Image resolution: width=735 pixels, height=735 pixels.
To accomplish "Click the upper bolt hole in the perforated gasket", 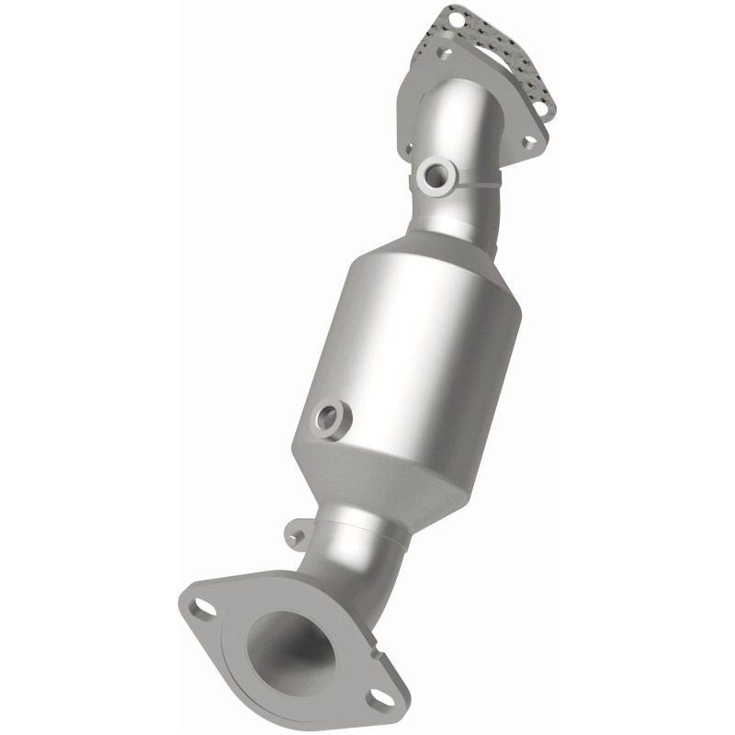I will tap(457, 20).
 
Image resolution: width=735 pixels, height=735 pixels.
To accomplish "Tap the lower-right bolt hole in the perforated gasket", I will tap(541, 107).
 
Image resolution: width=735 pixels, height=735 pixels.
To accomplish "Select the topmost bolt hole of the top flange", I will tap(443, 52).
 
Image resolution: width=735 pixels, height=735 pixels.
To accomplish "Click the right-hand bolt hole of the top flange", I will tap(529, 142).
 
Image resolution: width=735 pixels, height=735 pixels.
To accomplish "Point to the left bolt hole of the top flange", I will tap(410, 150).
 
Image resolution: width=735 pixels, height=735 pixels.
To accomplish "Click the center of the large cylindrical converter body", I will tap(413, 349).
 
